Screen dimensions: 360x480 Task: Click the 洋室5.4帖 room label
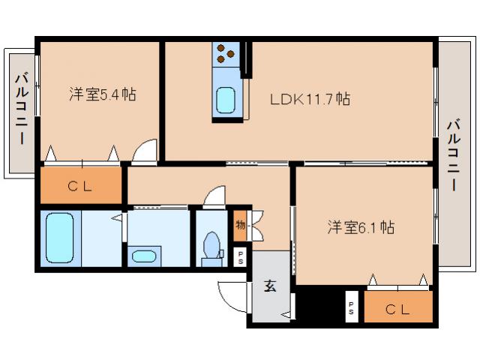[102, 95]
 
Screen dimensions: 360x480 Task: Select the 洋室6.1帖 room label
[361, 227]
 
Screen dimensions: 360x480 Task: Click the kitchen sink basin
[225, 100]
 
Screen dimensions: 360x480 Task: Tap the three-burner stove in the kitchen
[226, 54]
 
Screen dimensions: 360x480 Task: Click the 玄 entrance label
[268, 285]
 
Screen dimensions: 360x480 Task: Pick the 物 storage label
[240, 223]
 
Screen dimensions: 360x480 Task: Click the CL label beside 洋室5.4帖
[80, 187]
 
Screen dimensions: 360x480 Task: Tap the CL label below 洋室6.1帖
[397, 307]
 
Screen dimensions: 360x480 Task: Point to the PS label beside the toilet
[240, 257]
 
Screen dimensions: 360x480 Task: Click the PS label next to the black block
[351, 307]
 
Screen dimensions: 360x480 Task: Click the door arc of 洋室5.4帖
[144, 150]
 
